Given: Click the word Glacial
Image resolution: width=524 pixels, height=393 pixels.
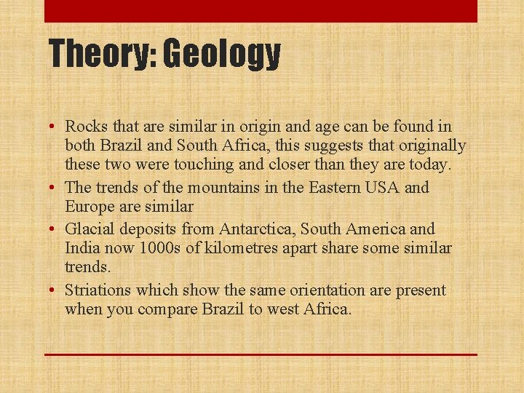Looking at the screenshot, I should [90, 230].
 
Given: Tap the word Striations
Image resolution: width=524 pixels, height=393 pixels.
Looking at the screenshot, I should [98, 290].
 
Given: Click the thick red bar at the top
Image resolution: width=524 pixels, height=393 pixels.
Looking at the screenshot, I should [261, 11].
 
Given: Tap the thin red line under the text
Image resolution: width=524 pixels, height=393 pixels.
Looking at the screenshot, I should [261, 354].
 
